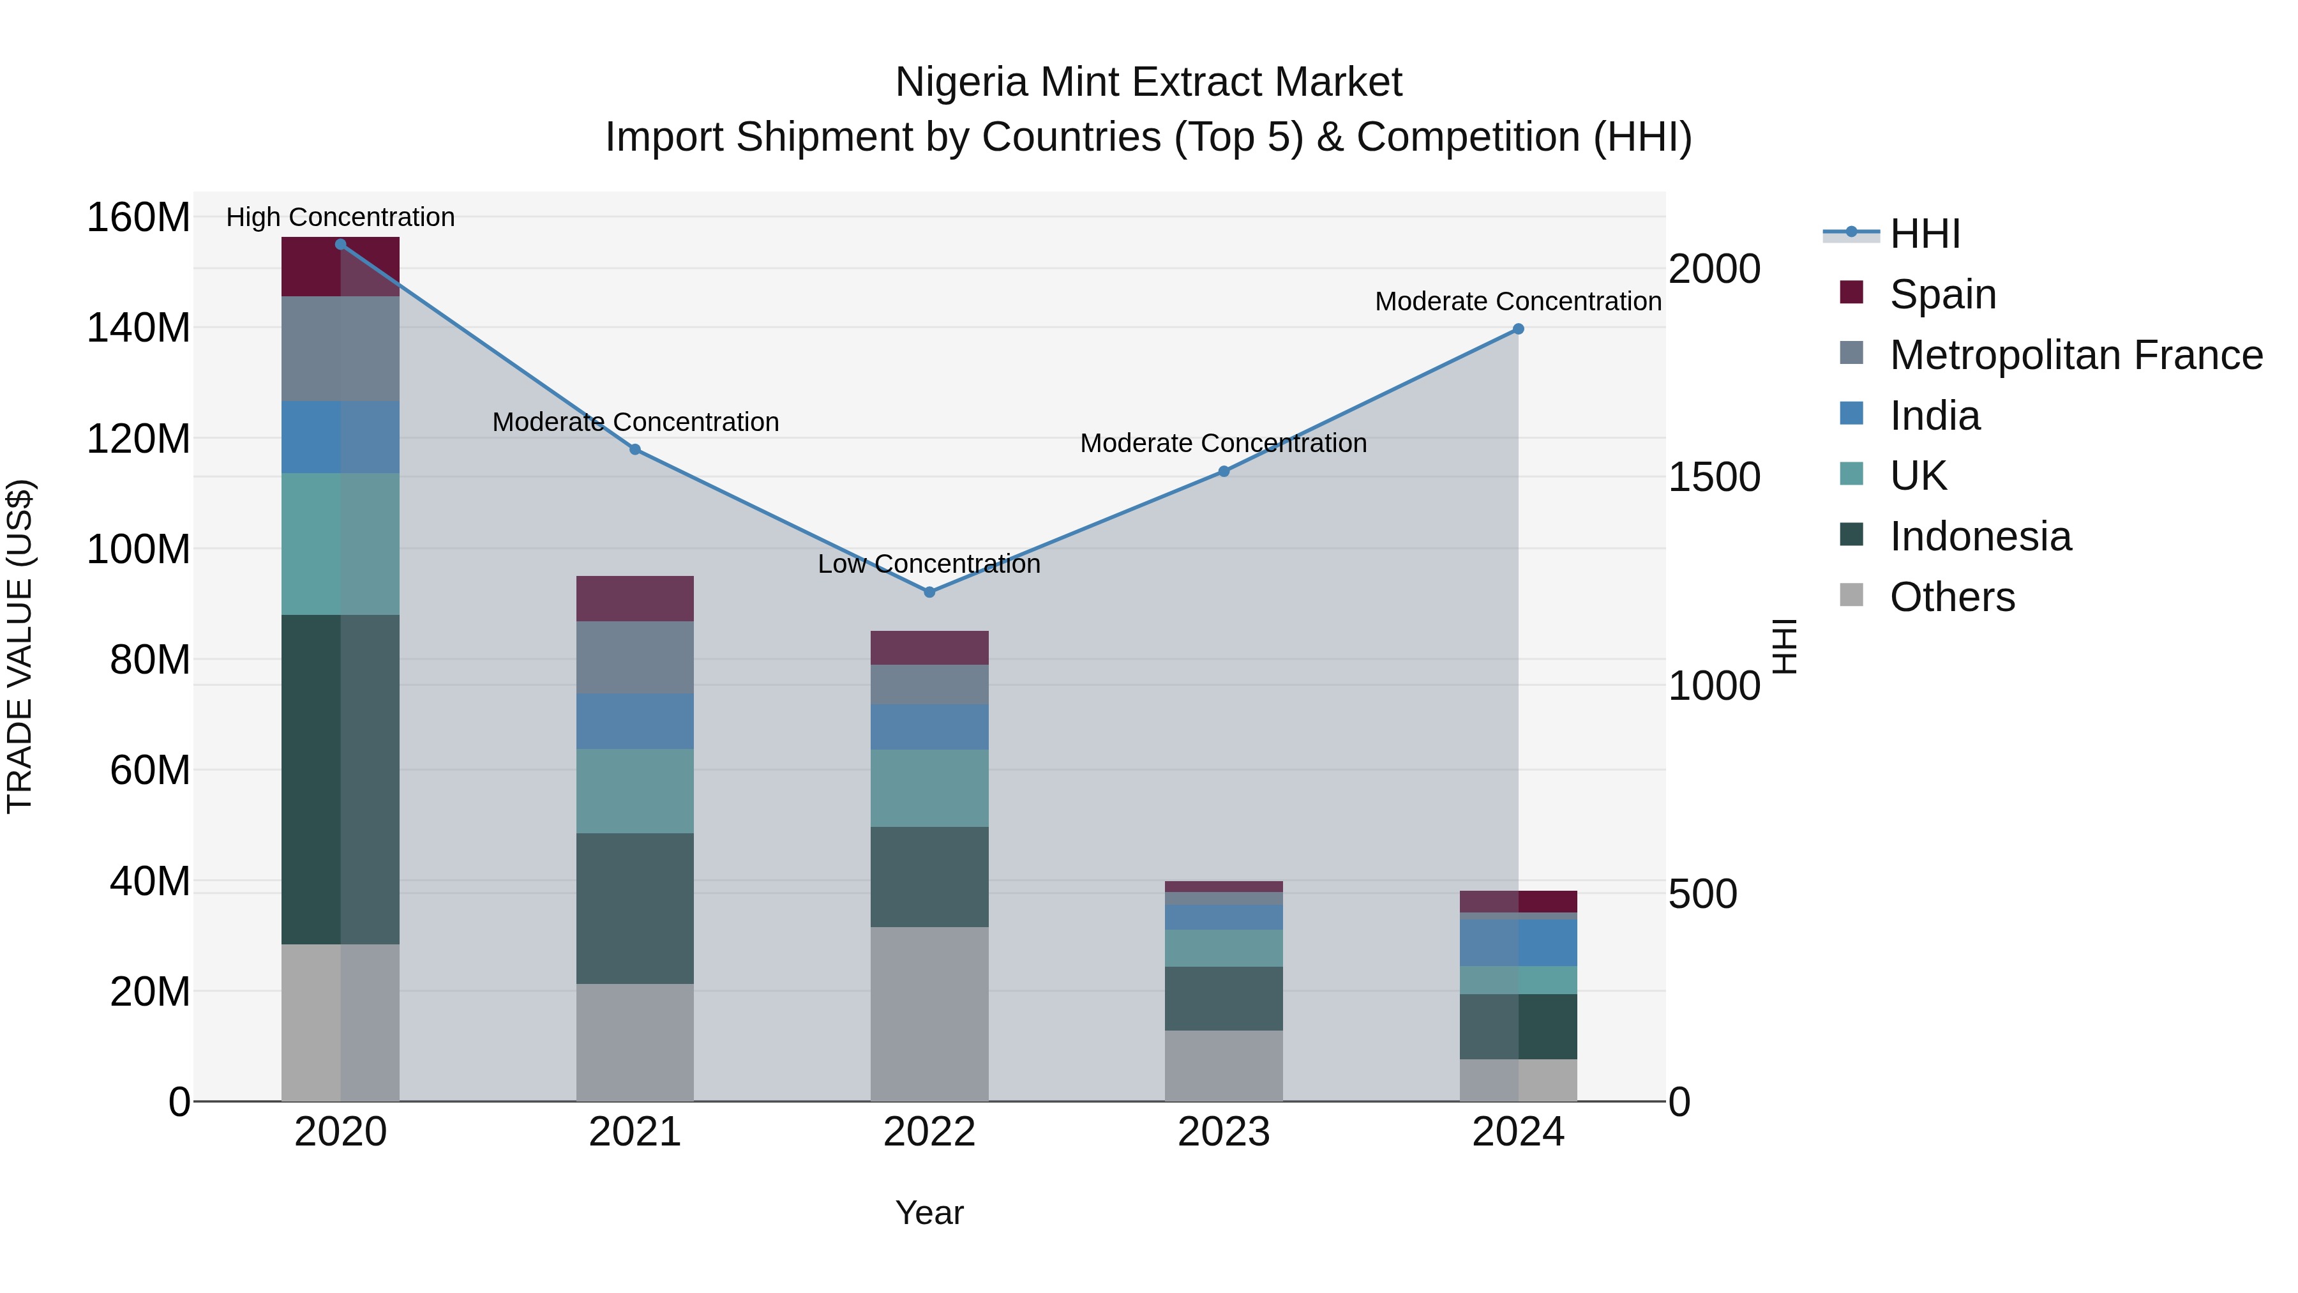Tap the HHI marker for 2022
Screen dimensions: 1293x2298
(x=929, y=593)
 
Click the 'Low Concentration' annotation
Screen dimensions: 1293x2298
(x=929, y=564)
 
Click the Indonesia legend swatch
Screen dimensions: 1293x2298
(x=1851, y=536)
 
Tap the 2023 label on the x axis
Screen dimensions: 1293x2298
(x=1223, y=1131)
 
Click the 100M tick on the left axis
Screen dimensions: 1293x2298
(x=139, y=548)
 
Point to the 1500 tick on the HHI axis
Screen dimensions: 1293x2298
(x=1714, y=478)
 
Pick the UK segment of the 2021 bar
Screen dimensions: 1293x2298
(x=635, y=790)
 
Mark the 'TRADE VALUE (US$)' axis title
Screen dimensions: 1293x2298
(x=20, y=646)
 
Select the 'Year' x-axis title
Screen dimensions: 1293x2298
(x=929, y=1213)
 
